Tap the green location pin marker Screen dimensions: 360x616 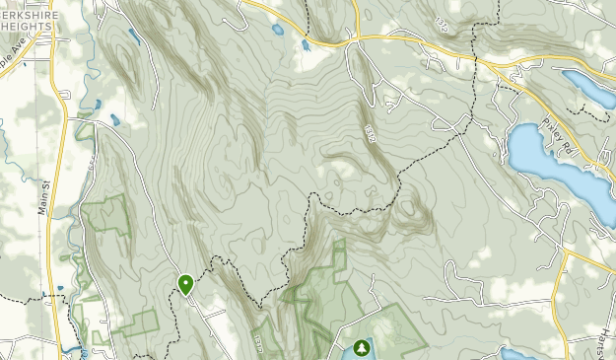(x=185, y=284)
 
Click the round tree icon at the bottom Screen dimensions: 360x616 (x=362, y=347)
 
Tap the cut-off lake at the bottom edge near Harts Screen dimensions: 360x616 (x=517, y=353)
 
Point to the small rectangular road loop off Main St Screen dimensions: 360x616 (x=87, y=128)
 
